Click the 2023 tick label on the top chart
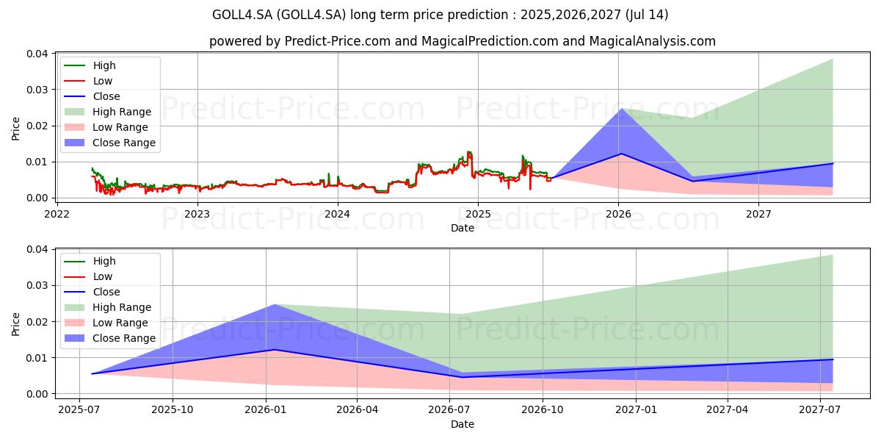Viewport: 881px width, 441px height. tap(197, 214)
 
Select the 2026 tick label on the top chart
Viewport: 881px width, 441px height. tap(618, 214)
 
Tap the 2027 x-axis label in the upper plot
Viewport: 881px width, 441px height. tap(758, 214)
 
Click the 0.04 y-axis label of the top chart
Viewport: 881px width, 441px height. tap(38, 54)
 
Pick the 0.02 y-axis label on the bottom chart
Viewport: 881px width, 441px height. tap(38, 322)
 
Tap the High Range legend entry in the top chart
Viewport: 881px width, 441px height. tap(122, 112)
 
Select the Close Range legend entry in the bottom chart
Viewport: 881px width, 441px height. tap(124, 338)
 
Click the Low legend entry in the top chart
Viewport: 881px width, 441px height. tap(103, 81)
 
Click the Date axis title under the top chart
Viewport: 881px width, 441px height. tap(463, 228)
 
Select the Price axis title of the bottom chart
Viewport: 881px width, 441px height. tap(16, 323)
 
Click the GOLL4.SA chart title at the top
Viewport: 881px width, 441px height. tap(440, 15)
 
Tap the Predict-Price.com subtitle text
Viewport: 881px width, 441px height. tap(463, 41)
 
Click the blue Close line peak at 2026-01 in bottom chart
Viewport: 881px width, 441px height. tap(274, 350)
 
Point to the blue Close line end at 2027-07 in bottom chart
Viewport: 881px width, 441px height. tap(833, 359)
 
